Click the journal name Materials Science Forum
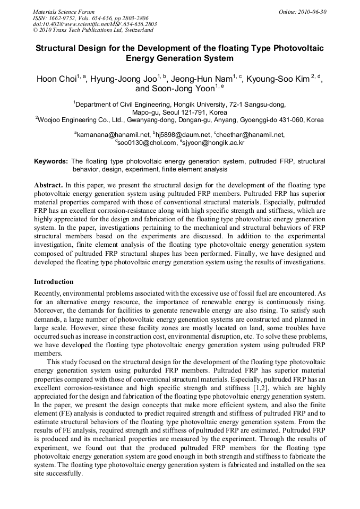[x=64, y=12]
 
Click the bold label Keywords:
[x=50, y=161]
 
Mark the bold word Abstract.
[x=48, y=185]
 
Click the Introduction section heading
[x=54, y=281]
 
